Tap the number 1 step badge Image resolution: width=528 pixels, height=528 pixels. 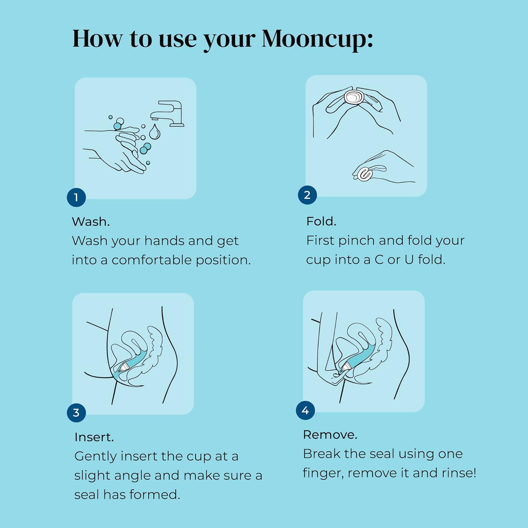click(76, 197)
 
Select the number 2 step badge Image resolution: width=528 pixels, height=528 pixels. click(307, 195)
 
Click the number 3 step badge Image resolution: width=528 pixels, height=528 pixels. click(76, 413)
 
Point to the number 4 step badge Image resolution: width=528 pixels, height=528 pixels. click(306, 410)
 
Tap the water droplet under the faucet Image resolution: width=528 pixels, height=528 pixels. click(155, 132)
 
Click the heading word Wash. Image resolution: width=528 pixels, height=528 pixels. click(91, 222)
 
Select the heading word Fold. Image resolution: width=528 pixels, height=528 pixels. click(321, 221)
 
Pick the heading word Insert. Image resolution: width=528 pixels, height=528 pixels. click(94, 437)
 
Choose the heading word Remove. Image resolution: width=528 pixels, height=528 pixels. click(330, 435)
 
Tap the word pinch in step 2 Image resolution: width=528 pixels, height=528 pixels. click(356, 241)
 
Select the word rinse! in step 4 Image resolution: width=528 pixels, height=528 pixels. click(460, 473)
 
